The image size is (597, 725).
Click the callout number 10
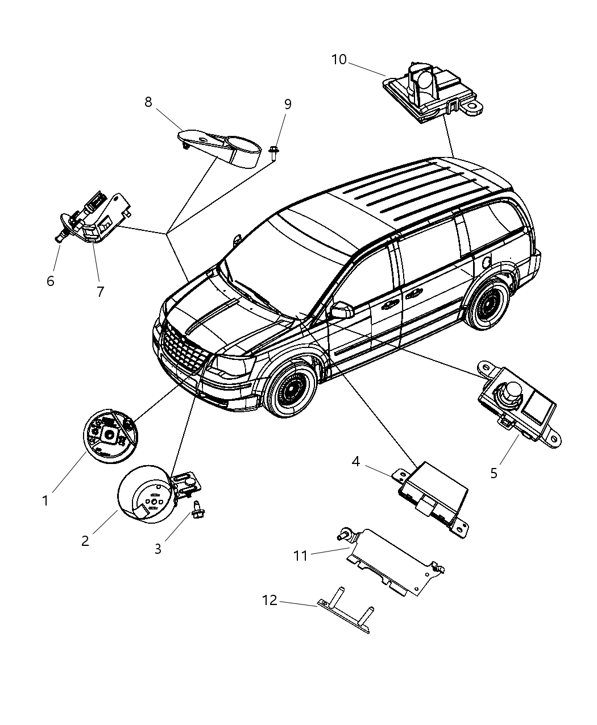(x=339, y=60)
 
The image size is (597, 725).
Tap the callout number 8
(x=148, y=102)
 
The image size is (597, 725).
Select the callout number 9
(x=288, y=104)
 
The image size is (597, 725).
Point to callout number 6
(x=51, y=281)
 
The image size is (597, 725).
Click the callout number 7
(x=100, y=292)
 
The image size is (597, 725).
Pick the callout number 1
(x=45, y=500)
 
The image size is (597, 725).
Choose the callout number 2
(x=85, y=541)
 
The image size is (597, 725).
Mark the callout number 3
(x=158, y=549)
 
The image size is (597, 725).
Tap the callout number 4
(x=355, y=461)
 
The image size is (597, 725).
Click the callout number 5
(x=494, y=473)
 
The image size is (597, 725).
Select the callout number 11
(x=300, y=556)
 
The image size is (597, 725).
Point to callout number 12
(x=270, y=600)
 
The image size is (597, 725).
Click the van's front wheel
(x=293, y=391)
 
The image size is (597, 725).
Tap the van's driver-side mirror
(x=342, y=310)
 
